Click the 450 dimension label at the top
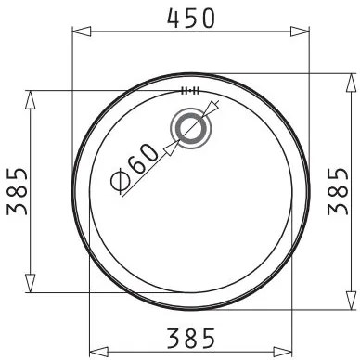pos(190,17)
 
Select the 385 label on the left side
pos(17,191)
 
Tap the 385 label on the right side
pos(338,191)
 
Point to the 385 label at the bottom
pos(190,338)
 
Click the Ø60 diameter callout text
pos(134,171)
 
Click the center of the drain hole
pos(191,128)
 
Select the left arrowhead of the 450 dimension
pos(82,32)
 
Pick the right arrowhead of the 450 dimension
pos(300,32)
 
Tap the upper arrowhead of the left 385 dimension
pos(30,99)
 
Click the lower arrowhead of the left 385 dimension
pos(30,283)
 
